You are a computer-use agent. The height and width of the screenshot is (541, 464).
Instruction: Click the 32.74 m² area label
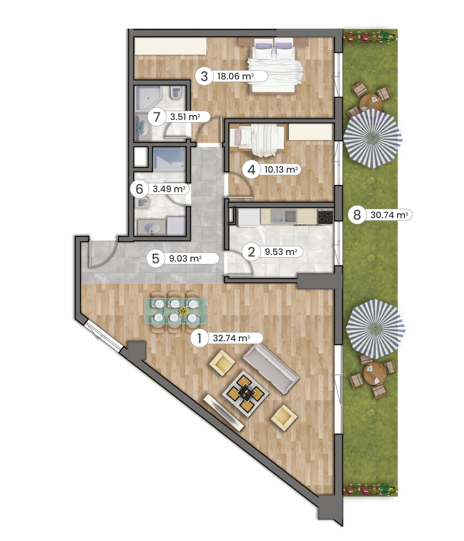(231, 338)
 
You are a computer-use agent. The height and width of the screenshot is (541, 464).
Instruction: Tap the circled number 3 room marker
(204, 76)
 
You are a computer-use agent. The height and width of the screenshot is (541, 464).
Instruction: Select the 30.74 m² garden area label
(389, 215)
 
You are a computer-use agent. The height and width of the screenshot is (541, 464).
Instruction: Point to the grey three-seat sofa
(271, 368)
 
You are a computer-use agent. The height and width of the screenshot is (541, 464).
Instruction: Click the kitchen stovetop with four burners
(325, 216)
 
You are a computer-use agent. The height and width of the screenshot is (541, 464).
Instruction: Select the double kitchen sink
(284, 216)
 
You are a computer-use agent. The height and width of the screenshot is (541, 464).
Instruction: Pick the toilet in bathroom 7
(176, 92)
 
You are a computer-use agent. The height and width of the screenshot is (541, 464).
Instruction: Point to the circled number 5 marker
(156, 258)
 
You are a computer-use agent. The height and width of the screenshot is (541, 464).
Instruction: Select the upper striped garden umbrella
(373, 139)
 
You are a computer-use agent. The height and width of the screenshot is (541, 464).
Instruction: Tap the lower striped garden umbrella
(376, 329)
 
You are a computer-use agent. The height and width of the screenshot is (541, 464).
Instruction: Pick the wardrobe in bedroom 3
(170, 46)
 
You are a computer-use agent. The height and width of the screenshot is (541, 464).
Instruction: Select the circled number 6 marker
(139, 189)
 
